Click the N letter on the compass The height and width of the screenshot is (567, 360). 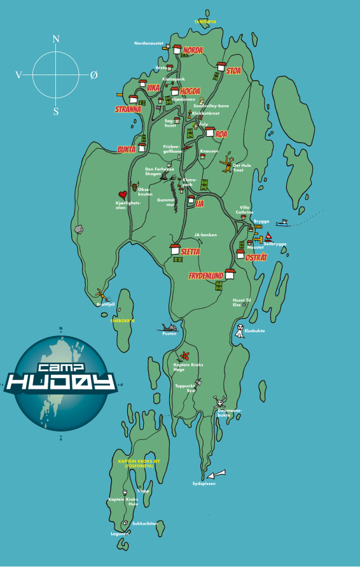point(56,39)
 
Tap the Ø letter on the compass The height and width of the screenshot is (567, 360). point(93,75)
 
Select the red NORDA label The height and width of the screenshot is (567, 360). point(193,50)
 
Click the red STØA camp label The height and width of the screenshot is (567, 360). point(233,71)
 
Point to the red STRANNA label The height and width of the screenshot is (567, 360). point(128,109)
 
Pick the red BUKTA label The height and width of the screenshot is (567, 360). point(126,150)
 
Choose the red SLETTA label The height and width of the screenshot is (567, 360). point(190,252)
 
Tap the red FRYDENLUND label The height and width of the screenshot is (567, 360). point(205,276)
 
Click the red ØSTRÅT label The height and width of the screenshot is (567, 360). point(256,257)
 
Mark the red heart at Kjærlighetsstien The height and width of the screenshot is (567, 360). point(122,195)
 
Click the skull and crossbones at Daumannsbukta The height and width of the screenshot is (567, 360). point(219,402)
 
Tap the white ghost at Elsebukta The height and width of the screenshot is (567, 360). point(239,331)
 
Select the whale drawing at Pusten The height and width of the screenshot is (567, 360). point(169,327)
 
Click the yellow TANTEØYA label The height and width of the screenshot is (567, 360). point(205,22)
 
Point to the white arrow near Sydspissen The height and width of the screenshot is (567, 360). point(216,473)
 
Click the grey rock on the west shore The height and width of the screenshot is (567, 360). point(80,228)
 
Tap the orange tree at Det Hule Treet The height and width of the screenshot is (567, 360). point(227,164)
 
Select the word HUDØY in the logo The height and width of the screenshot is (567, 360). point(61,381)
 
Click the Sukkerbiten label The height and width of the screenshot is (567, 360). point(145,524)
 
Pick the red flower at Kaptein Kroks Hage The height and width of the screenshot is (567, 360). point(184,355)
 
